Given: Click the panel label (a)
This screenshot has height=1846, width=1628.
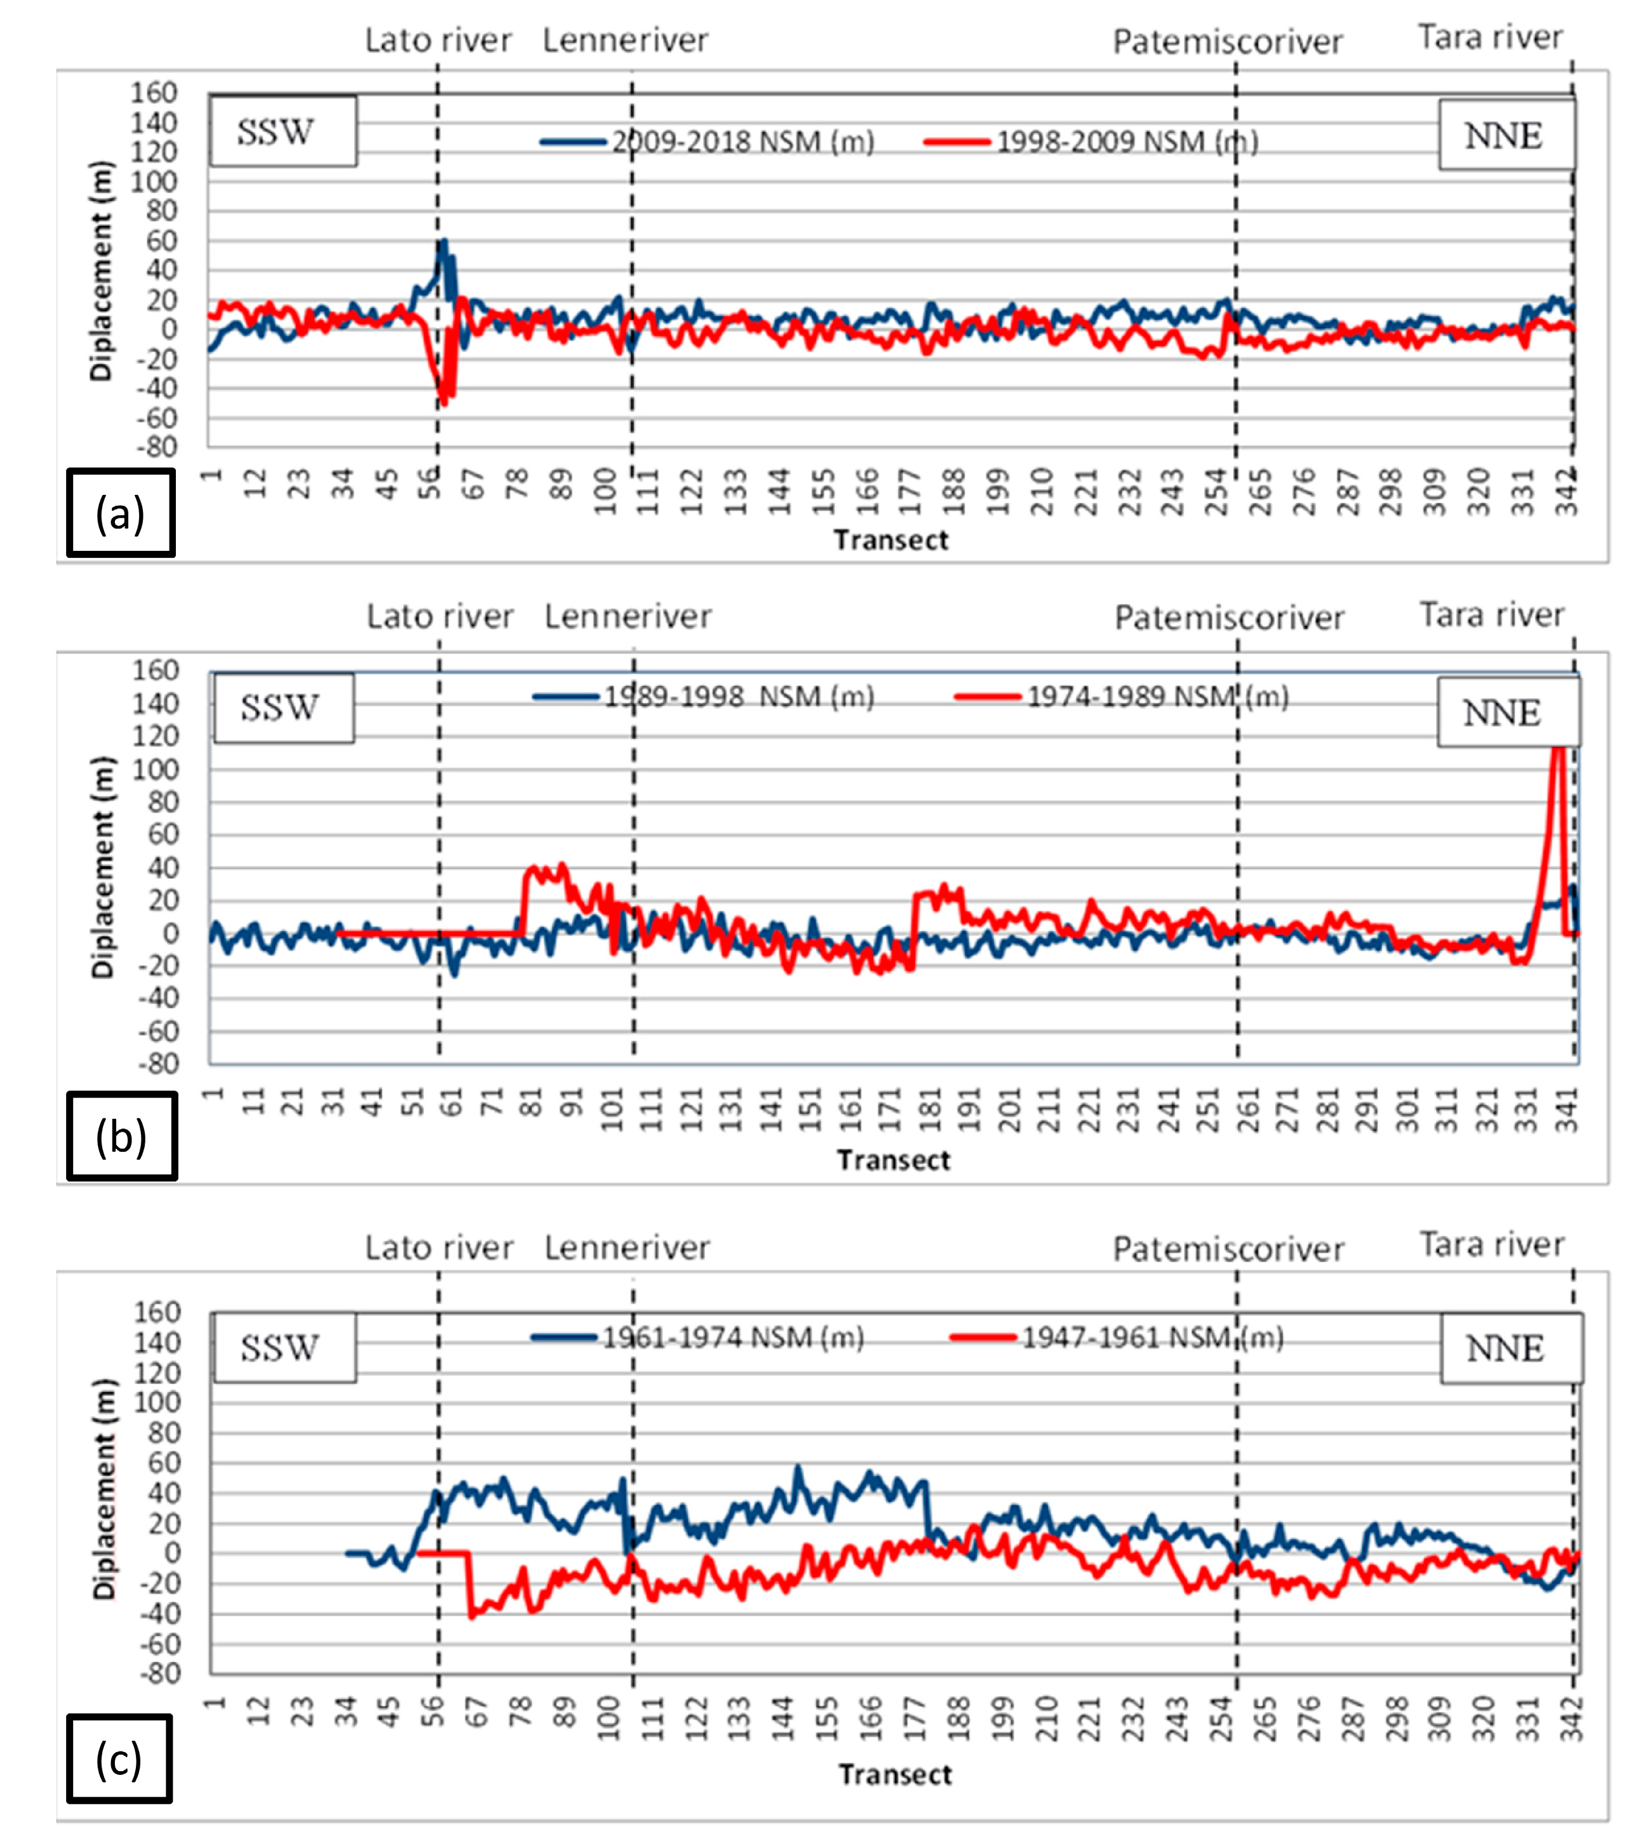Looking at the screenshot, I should [x=120, y=512].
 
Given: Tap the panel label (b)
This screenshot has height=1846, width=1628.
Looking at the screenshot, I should [x=121, y=1135].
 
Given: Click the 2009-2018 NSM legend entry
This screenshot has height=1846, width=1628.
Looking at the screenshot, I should [x=707, y=142].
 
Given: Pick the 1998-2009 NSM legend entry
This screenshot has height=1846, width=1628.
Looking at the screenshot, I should [x=1091, y=142].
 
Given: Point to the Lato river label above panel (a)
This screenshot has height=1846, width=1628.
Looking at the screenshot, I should [x=438, y=40].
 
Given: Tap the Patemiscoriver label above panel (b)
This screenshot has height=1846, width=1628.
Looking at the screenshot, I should [x=1229, y=617].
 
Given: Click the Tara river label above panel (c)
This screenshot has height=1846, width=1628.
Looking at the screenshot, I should [x=1491, y=1244].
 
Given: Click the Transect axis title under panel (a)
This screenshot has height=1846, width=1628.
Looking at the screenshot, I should [x=891, y=540].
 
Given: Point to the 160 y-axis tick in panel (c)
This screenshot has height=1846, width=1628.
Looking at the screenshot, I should [x=157, y=1312].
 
